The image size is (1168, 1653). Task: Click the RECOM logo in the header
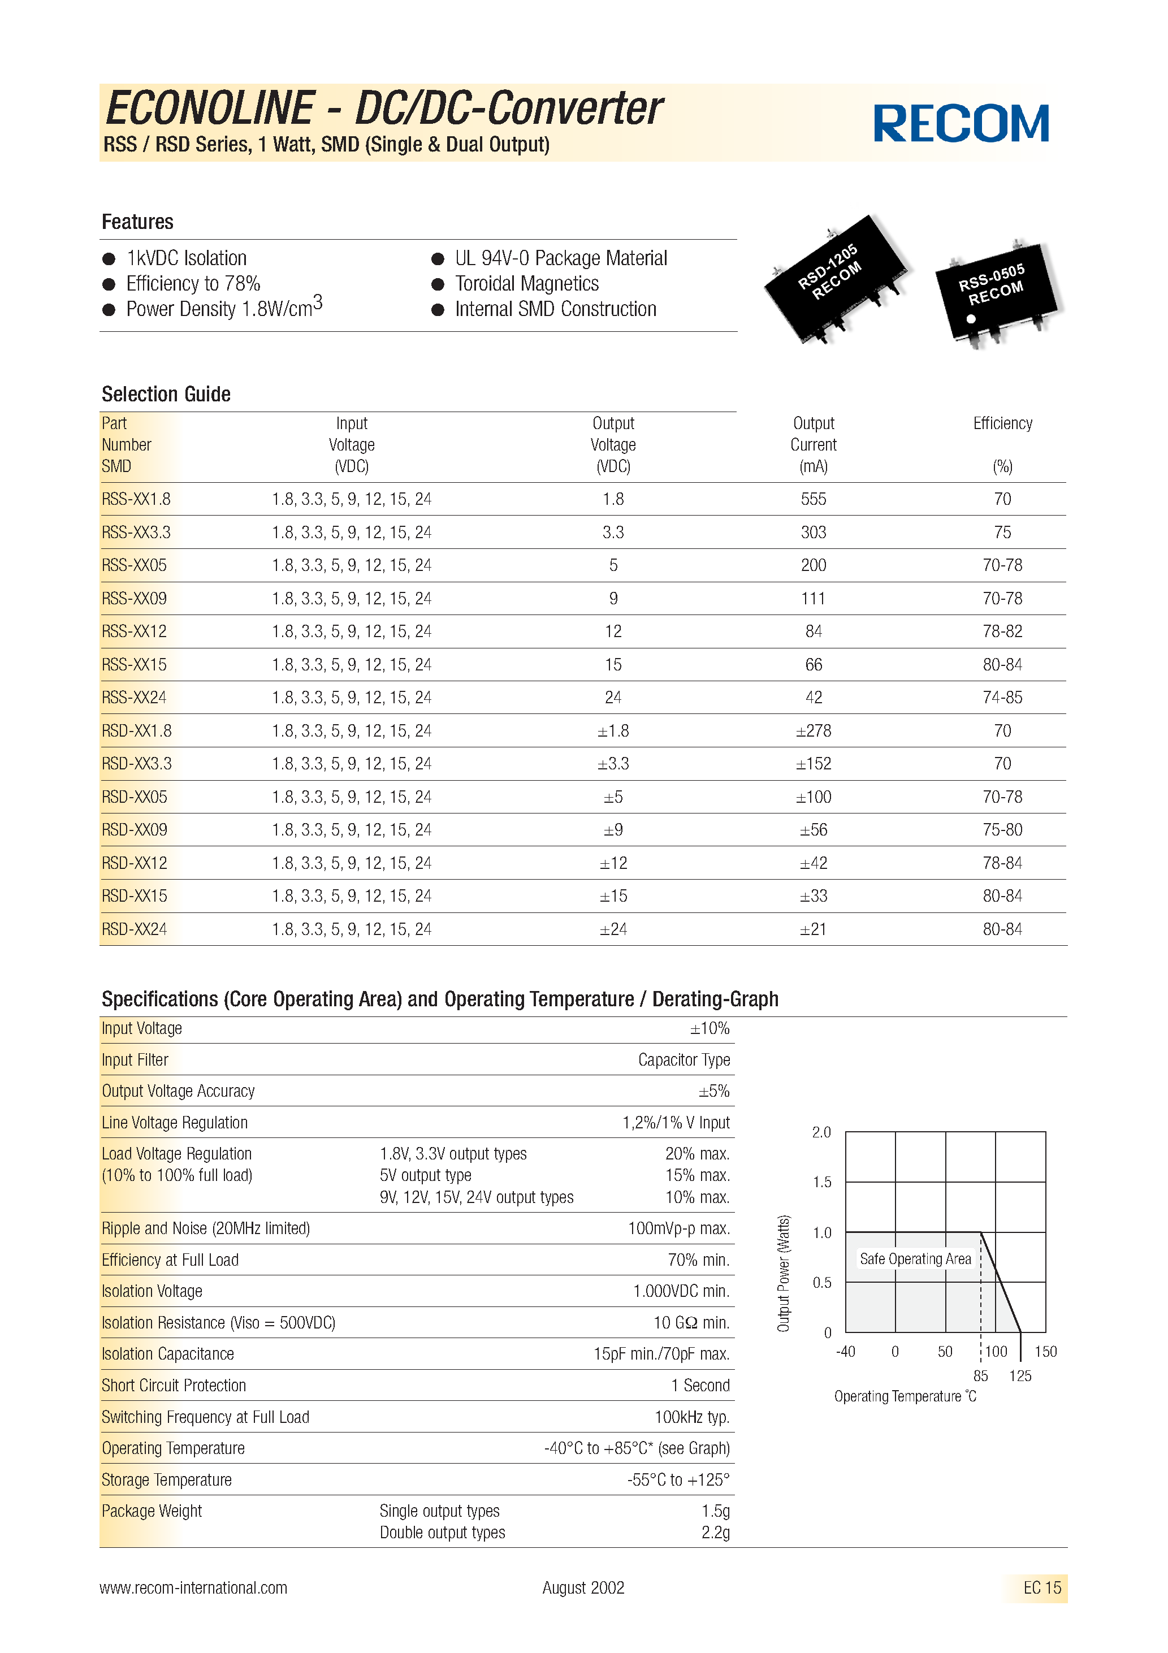961,123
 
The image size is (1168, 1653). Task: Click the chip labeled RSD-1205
836,277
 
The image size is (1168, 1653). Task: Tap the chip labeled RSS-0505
997,292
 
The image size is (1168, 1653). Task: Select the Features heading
137,222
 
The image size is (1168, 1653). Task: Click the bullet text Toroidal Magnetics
526,284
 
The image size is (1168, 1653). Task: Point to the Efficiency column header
1002,424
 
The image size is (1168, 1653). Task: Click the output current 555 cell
813,499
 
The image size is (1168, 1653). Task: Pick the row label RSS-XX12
134,631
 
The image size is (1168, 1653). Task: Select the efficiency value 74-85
1002,698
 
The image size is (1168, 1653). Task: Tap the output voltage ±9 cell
613,830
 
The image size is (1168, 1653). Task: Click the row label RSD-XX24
134,929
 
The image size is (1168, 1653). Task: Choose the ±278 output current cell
813,731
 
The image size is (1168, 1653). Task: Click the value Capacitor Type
684,1060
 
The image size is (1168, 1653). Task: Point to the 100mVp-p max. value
678,1228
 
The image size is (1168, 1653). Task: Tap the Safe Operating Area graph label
915,1258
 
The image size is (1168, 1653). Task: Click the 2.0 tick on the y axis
821,1132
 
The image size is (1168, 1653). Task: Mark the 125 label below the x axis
1020,1376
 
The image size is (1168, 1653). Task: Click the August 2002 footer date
583,1587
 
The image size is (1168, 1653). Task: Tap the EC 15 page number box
1041,1587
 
